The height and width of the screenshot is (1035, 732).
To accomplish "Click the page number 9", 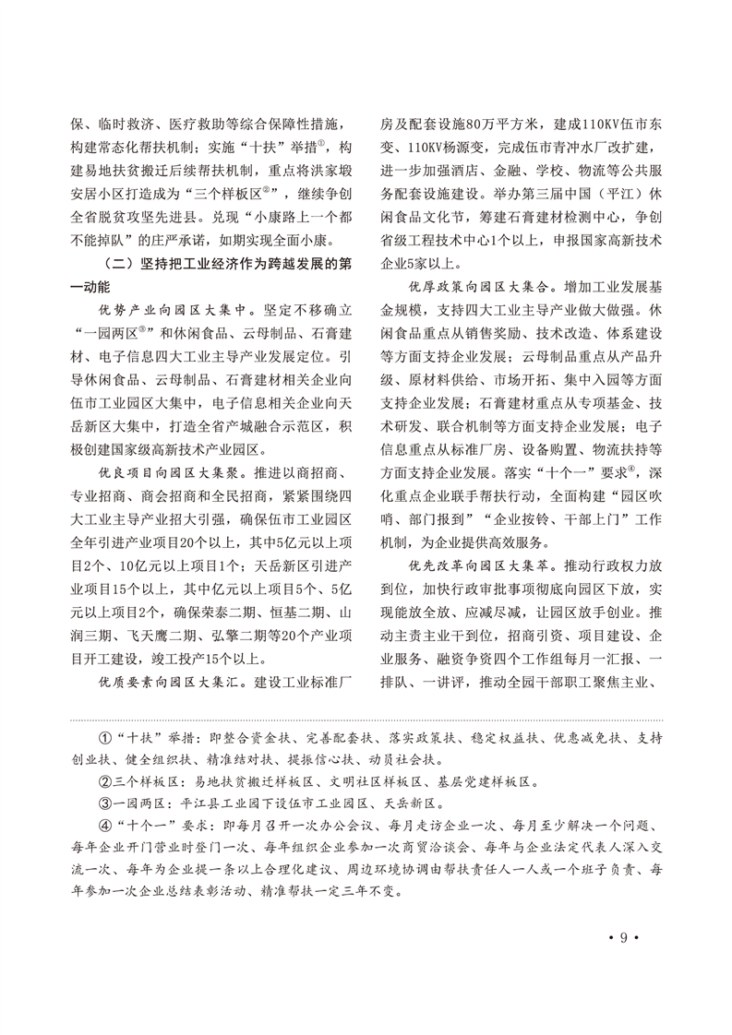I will point(623,938).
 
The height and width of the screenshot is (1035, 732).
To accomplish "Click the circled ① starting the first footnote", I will point(103,741).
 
